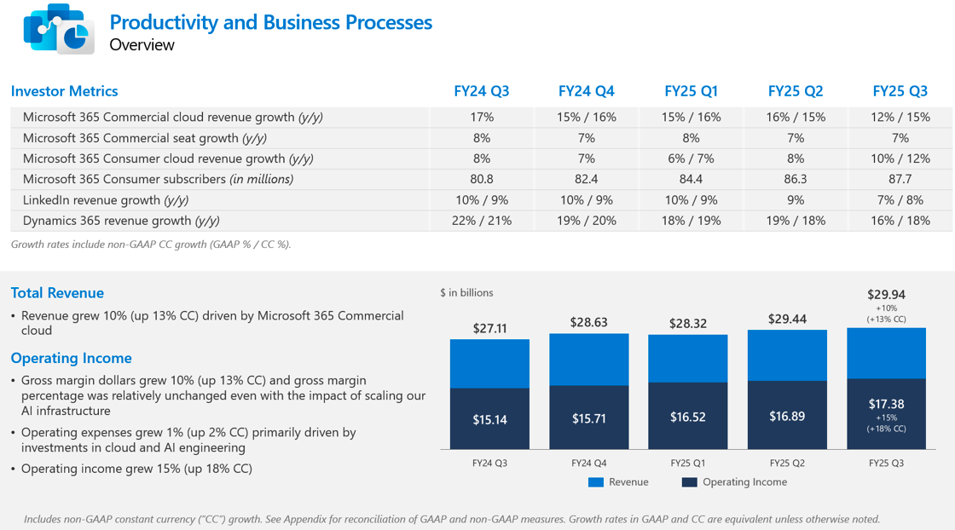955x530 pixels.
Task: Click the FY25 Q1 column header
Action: coord(691,91)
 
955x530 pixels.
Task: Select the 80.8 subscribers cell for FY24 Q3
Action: coord(482,179)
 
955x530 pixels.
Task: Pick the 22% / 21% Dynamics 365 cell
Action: coord(482,221)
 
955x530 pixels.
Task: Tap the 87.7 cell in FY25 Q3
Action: coord(900,179)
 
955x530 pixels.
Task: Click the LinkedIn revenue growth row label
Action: coord(106,200)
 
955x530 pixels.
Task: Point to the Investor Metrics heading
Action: coord(65,91)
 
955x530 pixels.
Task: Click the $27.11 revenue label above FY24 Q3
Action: coord(489,328)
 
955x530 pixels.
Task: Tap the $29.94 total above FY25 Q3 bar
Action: coord(886,295)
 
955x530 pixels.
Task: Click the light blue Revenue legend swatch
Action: coord(596,482)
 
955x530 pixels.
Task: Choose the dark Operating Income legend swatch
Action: coord(690,482)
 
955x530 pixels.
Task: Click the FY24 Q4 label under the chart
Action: coord(588,463)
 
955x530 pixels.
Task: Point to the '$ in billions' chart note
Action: coord(466,292)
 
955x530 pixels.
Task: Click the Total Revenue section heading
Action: coord(57,293)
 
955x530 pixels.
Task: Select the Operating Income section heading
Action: coord(71,358)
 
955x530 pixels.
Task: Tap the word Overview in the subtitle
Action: coord(142,45)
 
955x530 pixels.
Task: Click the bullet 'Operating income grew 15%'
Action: coord(136,469)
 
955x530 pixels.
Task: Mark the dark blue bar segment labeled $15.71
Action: coord(588,418)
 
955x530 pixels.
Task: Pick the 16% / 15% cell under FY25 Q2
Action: coord(796,117)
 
